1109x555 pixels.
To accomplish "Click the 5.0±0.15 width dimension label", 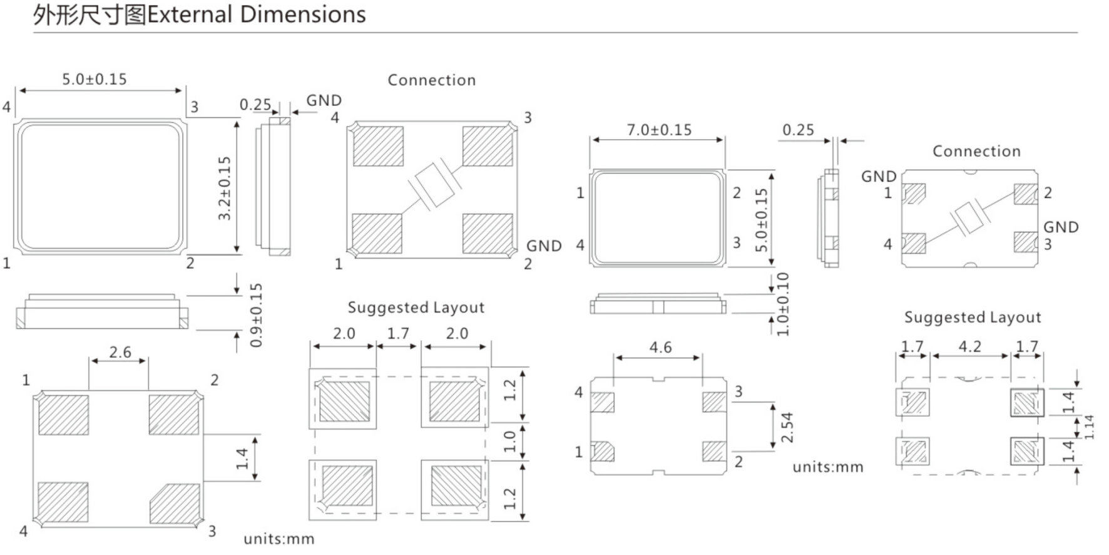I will (94, 80).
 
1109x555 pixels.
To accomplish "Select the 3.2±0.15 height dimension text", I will (225, 188).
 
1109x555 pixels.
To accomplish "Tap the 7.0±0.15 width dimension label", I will (659, 130).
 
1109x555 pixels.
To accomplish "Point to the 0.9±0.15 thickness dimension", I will (256, 315).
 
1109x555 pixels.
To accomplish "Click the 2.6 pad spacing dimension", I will (120, 353).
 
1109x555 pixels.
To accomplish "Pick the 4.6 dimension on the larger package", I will (660, 348).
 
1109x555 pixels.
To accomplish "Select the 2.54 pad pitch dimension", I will (787, 427).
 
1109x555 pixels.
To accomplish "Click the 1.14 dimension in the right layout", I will (1089, 427).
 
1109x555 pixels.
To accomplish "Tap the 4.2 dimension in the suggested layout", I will (969, 346).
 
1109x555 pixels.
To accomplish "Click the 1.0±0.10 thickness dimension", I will (782, 304).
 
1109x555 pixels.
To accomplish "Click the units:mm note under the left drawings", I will (279, 539).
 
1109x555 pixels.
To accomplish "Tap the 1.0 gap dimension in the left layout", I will (509, 442).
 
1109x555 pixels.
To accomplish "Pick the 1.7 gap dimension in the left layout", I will (398, 333).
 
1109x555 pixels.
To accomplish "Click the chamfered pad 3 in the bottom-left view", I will (175, 502).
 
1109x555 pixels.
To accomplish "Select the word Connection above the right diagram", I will (976, 151).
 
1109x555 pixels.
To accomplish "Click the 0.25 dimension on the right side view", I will (798, 130).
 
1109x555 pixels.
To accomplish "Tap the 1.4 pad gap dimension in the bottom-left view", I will (242, 459).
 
